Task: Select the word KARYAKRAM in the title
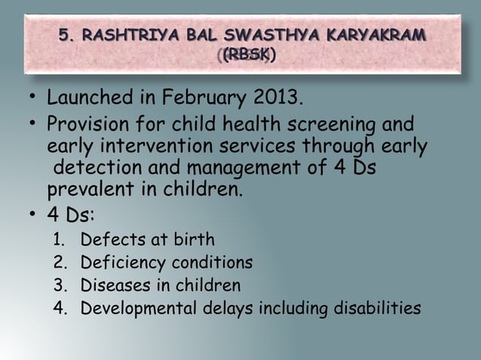[x=375, y=35]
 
